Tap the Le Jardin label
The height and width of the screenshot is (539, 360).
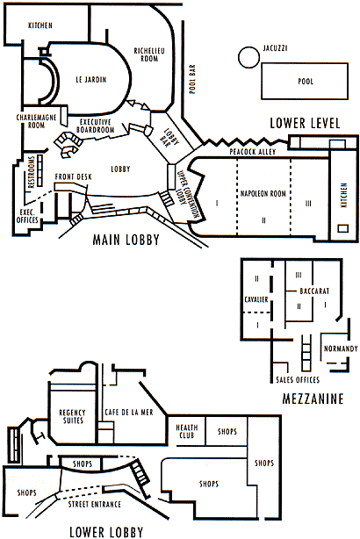pos(91,79)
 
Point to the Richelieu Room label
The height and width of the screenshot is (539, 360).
pos(149,54)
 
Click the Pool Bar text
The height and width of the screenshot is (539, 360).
pos(192,79)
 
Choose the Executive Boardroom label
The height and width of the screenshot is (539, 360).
pos(95,126)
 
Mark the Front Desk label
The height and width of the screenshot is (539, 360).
pos(74,176)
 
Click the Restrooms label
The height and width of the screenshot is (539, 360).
pos(32,172)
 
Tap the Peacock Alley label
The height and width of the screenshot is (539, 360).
pos(253,152)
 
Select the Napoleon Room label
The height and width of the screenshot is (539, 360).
pos(263,193)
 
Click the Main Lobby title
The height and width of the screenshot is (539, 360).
pos(126,240)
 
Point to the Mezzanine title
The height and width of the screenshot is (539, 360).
pos(313,399)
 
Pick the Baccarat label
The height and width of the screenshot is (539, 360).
pos(314,291)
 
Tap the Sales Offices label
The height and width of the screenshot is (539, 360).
pos(298,379)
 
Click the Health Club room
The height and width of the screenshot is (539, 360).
pos(186,431)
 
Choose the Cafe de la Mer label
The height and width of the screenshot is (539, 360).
pos(129,412)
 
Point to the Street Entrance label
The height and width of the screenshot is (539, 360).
pos(95,504)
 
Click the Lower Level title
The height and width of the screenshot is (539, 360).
pos(305,123)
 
